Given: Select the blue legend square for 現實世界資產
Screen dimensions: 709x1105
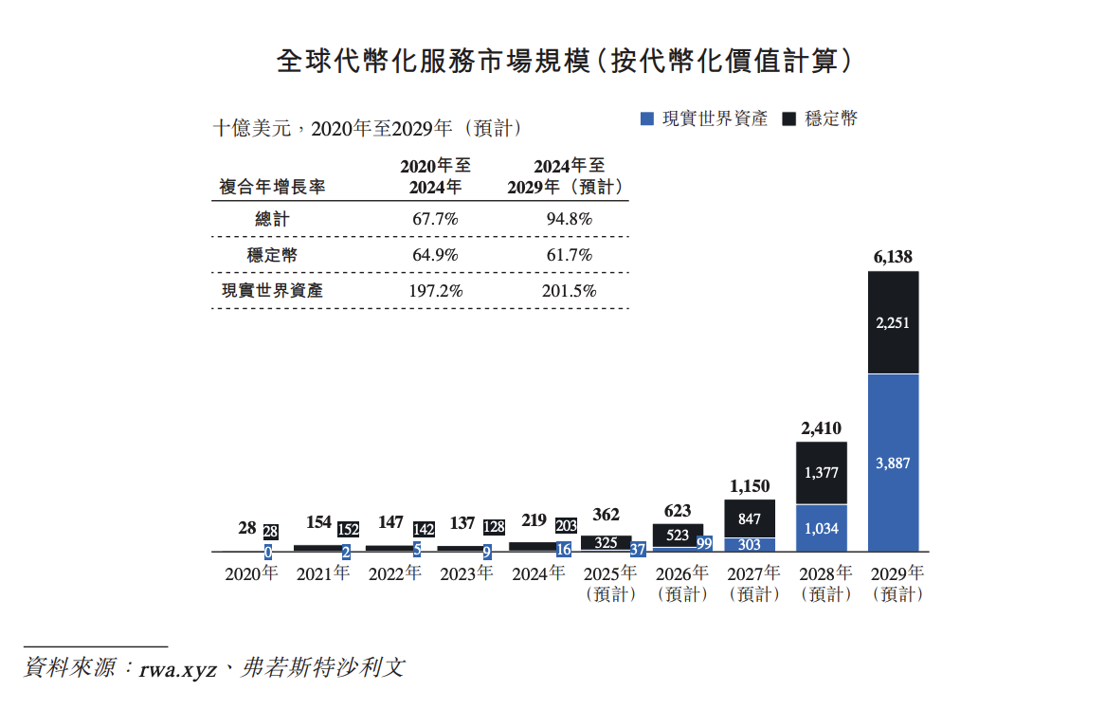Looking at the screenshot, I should click(x=647, y=118).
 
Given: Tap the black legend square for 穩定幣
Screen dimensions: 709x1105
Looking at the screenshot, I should click(x=789, y=118).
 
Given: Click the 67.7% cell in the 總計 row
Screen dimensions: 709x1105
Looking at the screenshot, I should click(x=435, y=219).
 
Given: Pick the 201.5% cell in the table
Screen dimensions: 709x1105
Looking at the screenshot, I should click(x=569, y=291).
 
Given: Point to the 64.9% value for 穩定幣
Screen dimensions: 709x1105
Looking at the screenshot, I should click(x=435, y=255).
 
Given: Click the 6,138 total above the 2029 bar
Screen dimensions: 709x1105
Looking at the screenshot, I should click(x=893, y=256).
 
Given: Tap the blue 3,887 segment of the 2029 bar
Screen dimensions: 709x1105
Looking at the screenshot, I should click(x=893, y=463).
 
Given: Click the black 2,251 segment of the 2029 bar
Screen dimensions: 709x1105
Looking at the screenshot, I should click(x=893, y=322).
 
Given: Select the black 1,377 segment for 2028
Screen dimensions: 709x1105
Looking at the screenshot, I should click(x=821, y=472).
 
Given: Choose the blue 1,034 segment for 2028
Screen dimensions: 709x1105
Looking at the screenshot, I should click(x=821, y=528).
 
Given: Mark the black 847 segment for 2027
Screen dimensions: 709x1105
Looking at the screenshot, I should click(x=749, y=518).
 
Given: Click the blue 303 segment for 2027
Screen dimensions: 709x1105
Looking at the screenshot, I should click(x=749, y=545).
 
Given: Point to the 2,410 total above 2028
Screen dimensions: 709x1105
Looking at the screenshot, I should click(x=821, y=427).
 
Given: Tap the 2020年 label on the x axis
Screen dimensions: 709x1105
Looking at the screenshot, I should click(x=251, y=573).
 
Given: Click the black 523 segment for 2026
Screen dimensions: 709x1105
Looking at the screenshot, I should click(x=678, y=535).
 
